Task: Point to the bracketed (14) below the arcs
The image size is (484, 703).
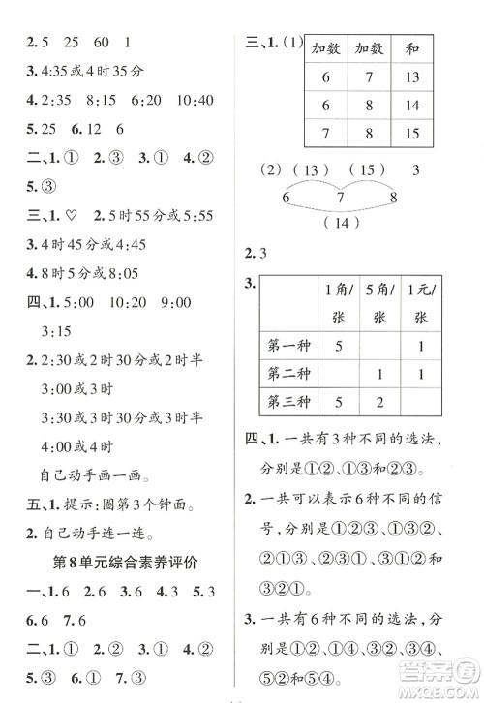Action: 339,223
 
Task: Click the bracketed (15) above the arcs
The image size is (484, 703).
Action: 366,171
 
